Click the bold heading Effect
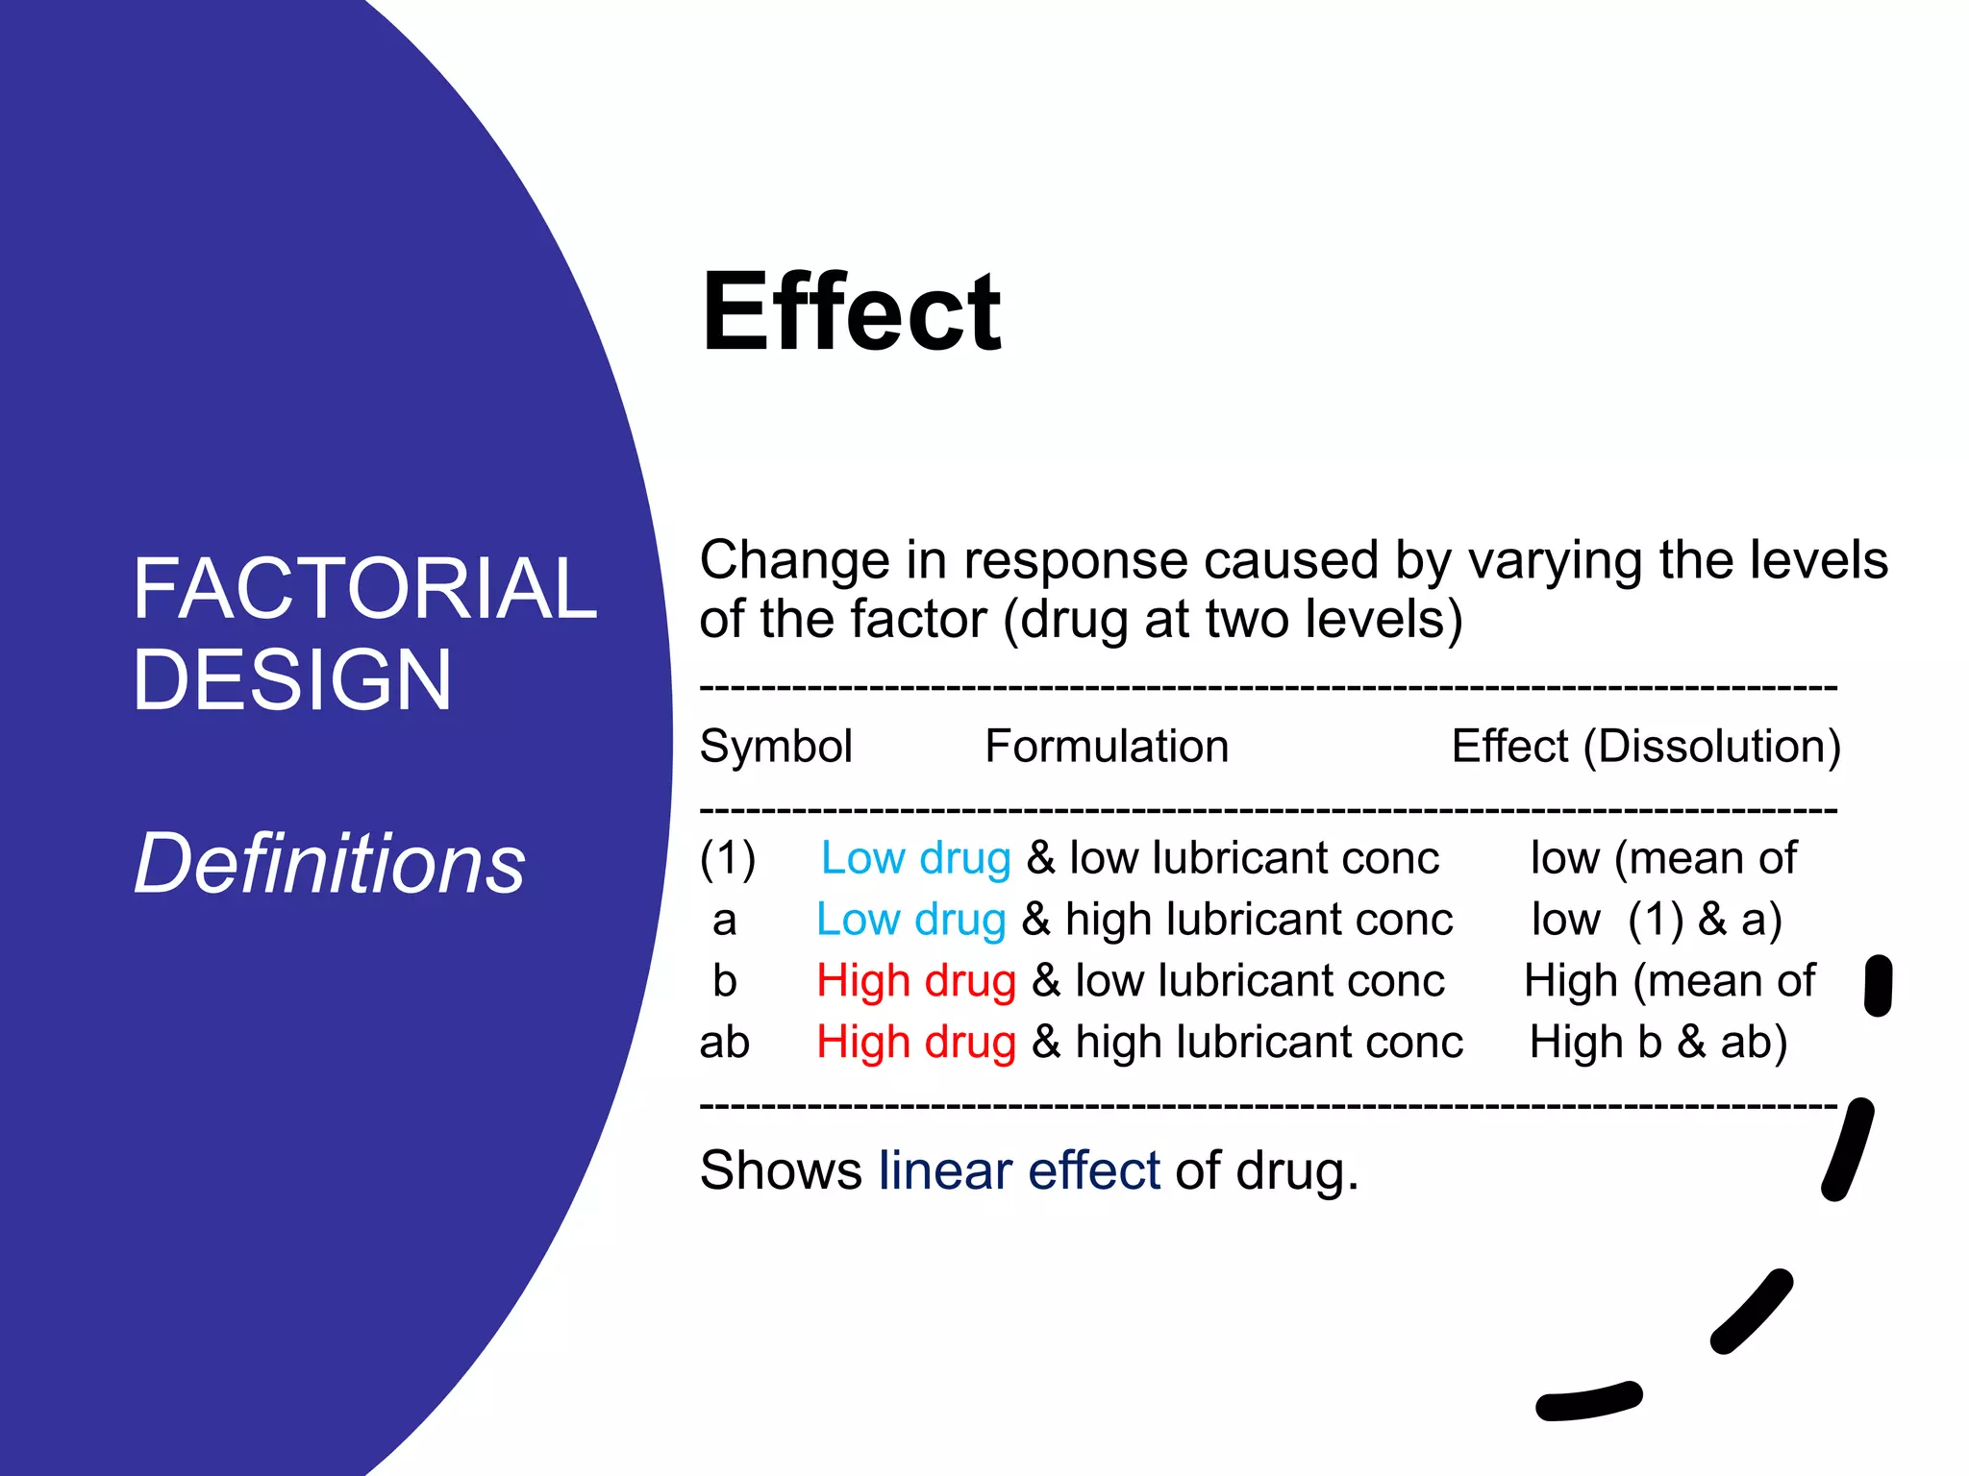coord(851,312)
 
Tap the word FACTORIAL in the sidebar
coord(364,588)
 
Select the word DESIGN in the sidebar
coord(292,679)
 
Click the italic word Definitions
coord(330,863)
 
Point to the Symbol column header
coord(776,747)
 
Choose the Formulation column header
coord(1107,747)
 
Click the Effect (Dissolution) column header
coord(1646,747)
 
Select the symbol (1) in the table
coord(728,858)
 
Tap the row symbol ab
coord(724,1042)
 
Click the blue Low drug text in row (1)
coord(915,858)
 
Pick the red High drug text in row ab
coord(915,1042)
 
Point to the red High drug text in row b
coord(915,981)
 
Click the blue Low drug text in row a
coord(910,920)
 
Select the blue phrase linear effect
coord(1019,1170)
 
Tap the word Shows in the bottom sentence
coord(781,1170)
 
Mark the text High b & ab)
coord(1657,1042)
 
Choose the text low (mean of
coord(1663,858)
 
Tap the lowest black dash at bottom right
coord(1588,1401)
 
